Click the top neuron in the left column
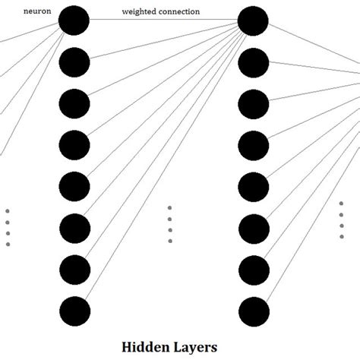click(74, 21)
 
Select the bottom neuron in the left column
click(74, 310)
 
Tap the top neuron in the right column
click(253, 21)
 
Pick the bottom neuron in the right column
click(253, 310)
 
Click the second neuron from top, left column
click(74, 62)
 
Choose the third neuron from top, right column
click(253, 103)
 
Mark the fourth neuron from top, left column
click(74, 144)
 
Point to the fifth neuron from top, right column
click(253, 186)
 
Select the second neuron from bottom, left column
click(74, 269)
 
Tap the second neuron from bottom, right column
click(253, 269)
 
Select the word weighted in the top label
click(140, 12)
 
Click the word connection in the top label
click(179, 12)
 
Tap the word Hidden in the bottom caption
click(146, 346)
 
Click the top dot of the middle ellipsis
click(169, 207)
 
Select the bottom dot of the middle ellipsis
click(169, 241)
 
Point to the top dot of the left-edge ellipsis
click(8, 211)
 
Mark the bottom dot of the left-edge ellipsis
click(8, 244)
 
